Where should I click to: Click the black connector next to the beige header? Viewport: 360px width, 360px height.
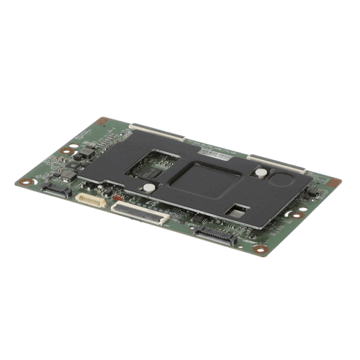[56, 189]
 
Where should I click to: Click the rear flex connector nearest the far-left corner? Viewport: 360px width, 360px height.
[156, 132]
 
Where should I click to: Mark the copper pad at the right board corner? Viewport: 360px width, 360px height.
[333, 183]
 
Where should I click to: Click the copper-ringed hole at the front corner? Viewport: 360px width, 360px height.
[261, 250]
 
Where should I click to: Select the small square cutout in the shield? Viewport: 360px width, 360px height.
[238, 210]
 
